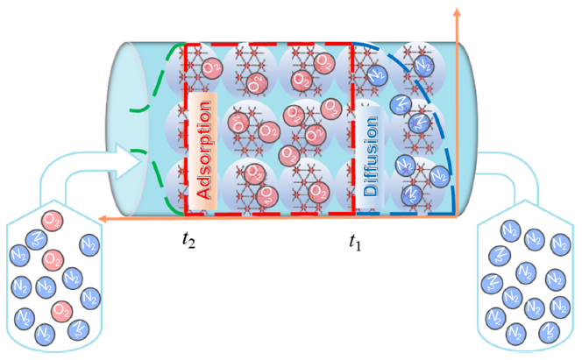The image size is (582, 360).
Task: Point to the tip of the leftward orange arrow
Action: click(x=98, y=215)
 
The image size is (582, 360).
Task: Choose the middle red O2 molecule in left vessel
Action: click(x=52, y=259)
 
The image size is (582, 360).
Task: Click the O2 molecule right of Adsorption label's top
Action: click(x=211, y=67)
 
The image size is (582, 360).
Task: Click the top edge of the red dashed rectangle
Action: click(x=267, y=41)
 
